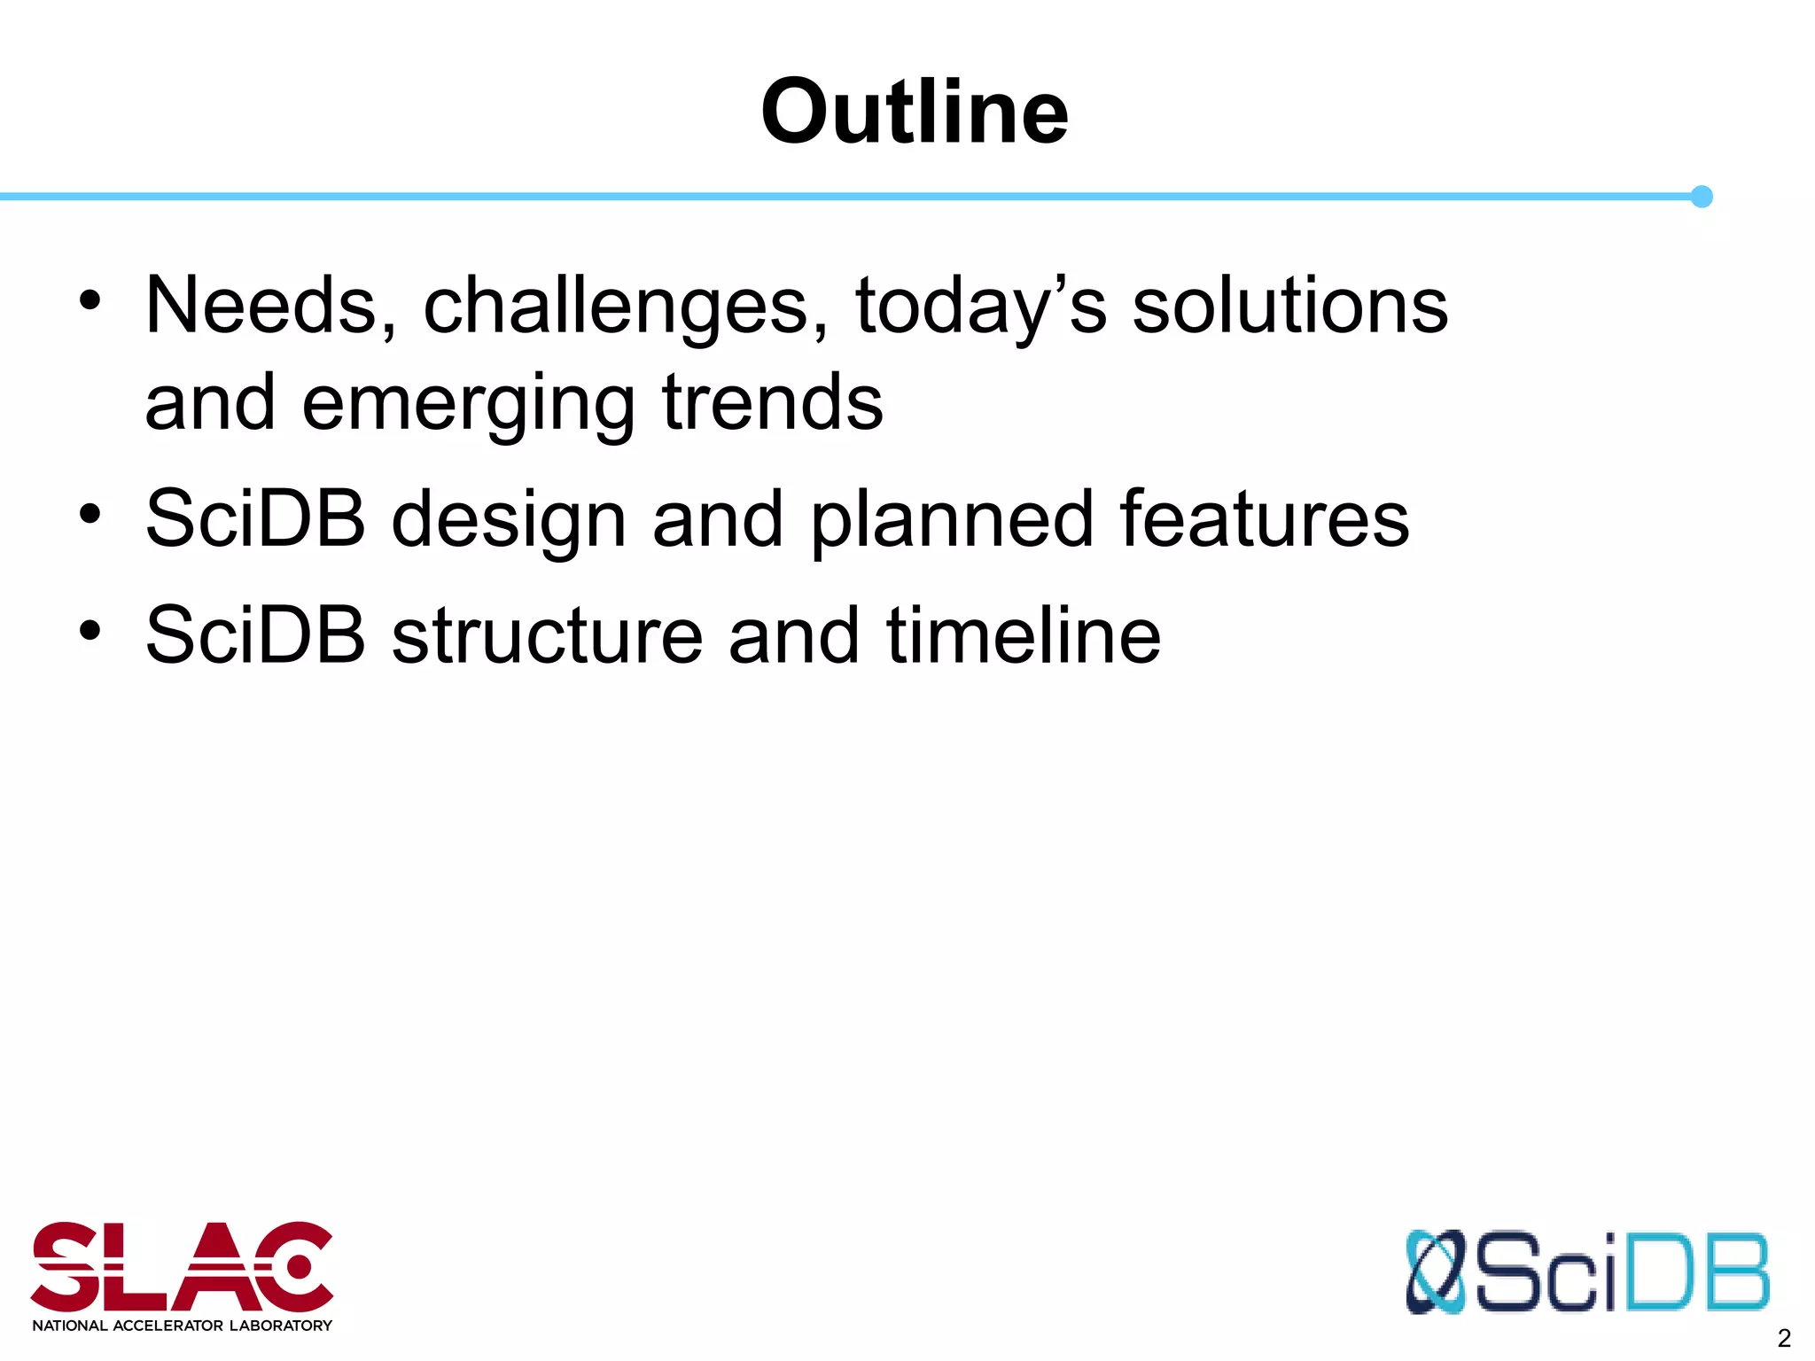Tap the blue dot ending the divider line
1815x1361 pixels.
coord(1701,197)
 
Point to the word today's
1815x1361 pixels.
coord(980,307)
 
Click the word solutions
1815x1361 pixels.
coord(1290,306)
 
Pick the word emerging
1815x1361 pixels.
coord(468,405)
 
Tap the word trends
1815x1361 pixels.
coord(773,403)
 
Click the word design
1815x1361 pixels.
coord(509,520)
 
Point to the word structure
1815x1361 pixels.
coord(547,635)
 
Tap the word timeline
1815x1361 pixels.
coord(1023,635)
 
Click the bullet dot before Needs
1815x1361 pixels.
coord(90,300)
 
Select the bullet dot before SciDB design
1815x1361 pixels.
coord(90,513)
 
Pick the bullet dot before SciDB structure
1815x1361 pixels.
coord(90,630)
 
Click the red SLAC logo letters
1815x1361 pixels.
coord(182,1267)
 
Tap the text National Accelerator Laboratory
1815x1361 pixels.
coord(182,1326)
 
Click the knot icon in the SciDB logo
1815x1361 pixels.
coord(1436,1272)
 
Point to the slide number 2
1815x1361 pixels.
coord(1784,1338)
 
